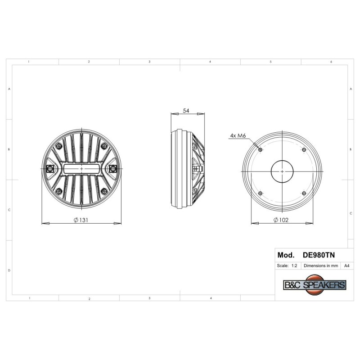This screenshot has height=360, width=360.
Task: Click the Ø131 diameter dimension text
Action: tap(81, 220)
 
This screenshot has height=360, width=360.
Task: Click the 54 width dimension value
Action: tap(186, 111)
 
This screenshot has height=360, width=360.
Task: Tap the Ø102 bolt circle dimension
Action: tap(281, 220)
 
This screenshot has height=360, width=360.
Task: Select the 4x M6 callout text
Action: tap(238, 136)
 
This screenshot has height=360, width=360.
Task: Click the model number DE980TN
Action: tap(319, 255)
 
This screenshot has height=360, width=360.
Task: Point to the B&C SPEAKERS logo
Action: tap(315, 285)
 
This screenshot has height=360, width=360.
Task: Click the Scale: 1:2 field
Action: tap(287, 265)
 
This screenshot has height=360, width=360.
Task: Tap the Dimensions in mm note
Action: tap(321, 265)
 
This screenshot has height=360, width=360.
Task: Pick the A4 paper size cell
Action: tap(346, 265)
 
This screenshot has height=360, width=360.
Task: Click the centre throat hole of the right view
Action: tap(282, 171)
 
